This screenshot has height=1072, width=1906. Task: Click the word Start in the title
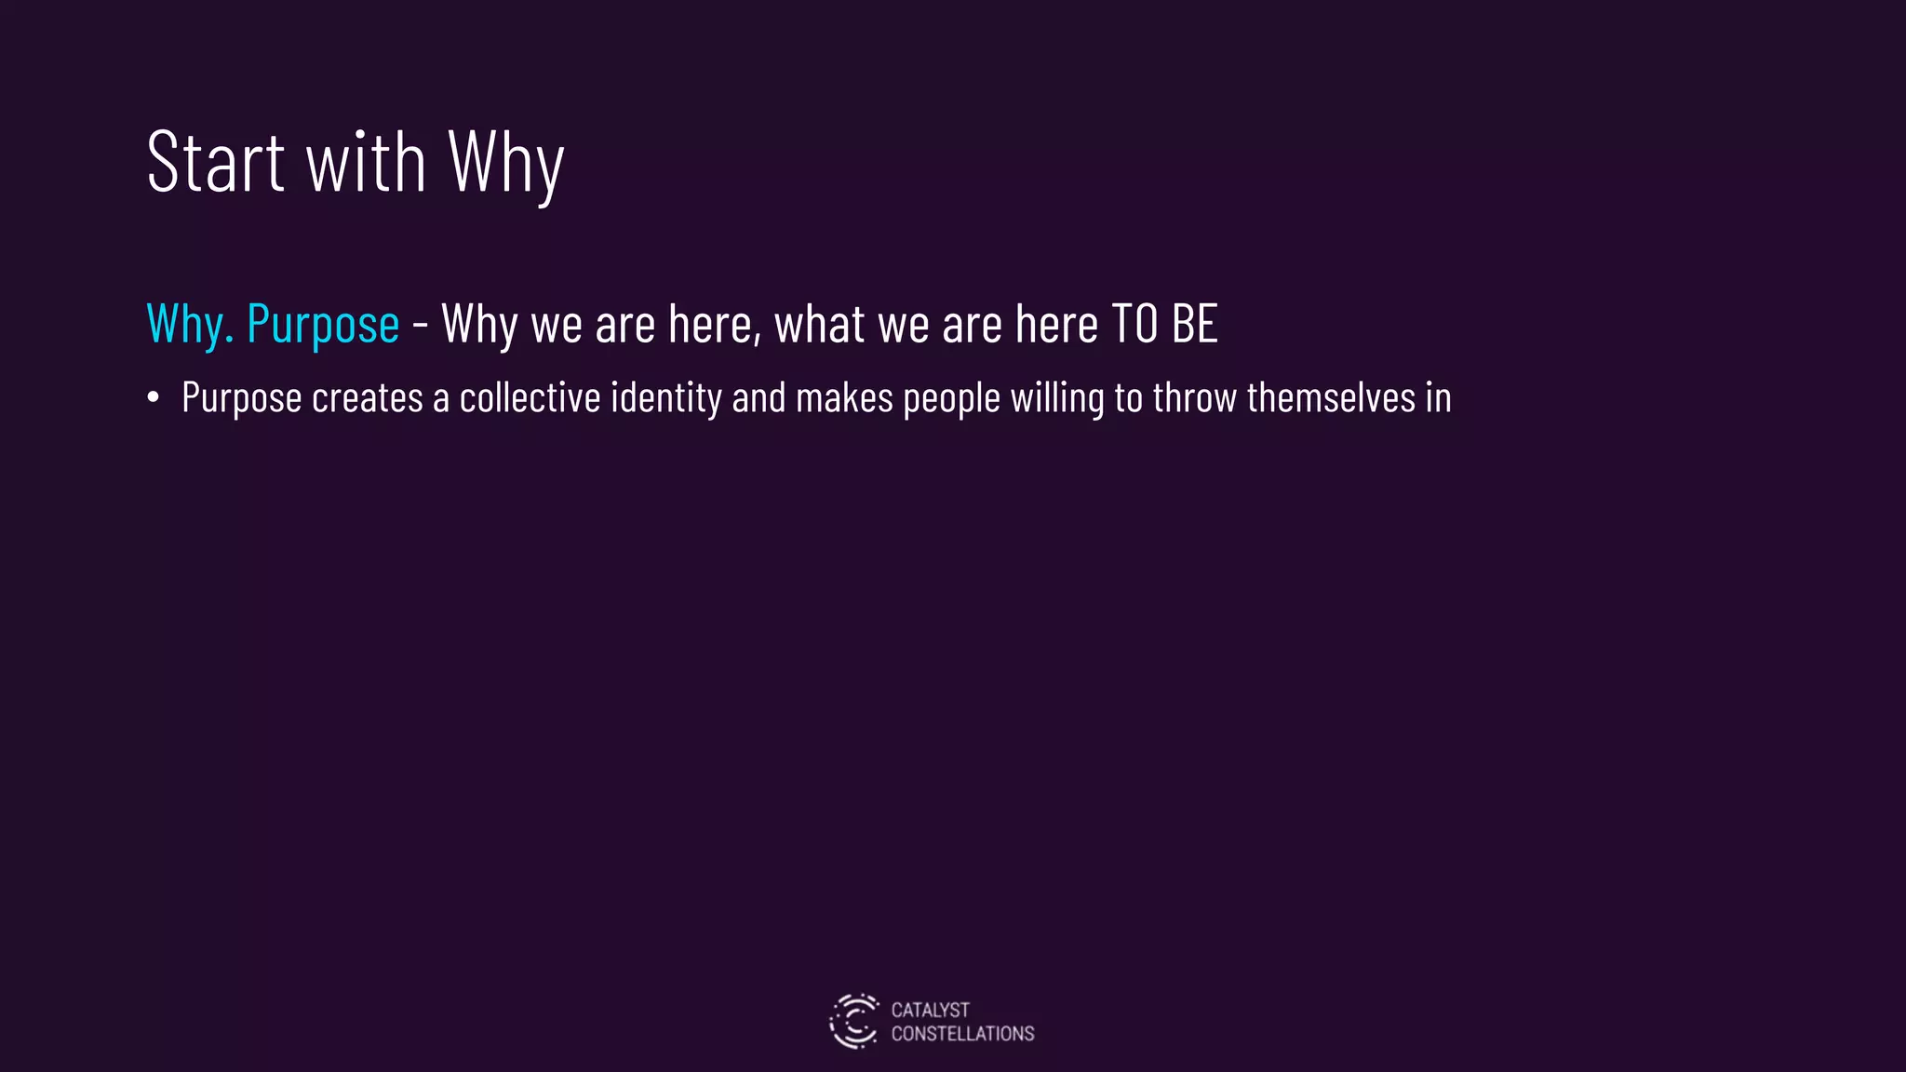point(215,163)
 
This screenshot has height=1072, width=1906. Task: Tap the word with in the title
point(366,163)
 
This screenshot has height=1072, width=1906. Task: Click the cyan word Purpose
point(323,325)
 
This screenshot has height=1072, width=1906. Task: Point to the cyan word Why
point(189,325)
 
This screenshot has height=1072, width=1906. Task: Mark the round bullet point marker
point(154,398)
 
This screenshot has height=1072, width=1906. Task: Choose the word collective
point(530,398)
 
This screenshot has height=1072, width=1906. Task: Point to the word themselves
point(1331,398)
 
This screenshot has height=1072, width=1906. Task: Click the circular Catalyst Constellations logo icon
point(853,1021)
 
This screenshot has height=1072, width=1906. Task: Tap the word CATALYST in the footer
point(930,1010)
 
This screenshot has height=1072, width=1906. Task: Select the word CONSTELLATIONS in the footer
point(962,1034)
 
